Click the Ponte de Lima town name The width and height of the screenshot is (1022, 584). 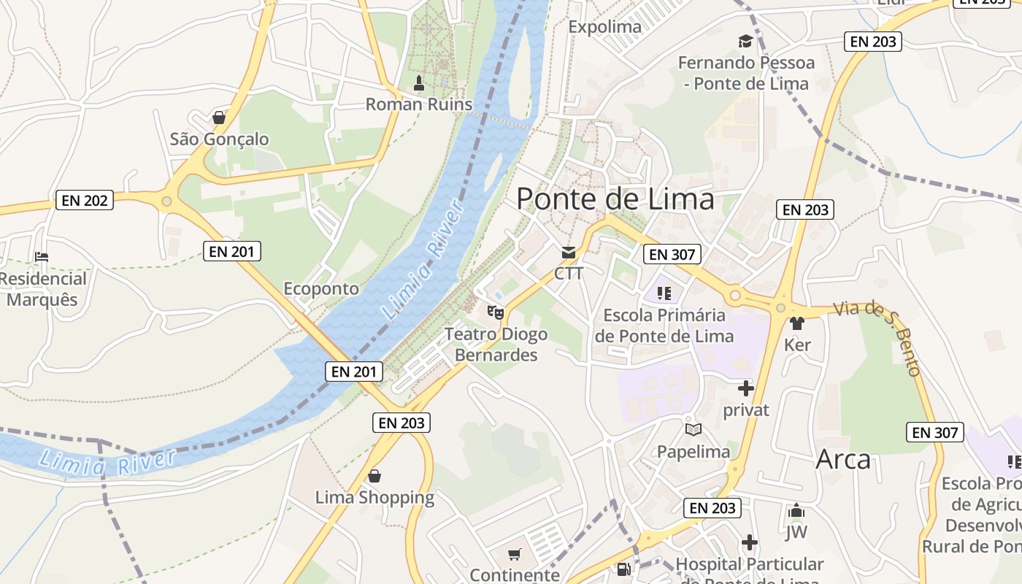click(x=615, y=199)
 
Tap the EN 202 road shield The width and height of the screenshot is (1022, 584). click(x=85, y=200)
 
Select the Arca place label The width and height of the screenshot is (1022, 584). click(x=843, y=459)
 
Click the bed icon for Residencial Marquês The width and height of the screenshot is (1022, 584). click(x=42, y=257)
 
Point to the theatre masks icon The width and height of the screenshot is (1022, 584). click(x=496, y=312)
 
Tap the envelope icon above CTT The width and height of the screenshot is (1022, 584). click(x=568, y=253)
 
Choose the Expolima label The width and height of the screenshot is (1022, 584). click(x=605, y=27)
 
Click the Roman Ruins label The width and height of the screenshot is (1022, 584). click(x=419, y=104)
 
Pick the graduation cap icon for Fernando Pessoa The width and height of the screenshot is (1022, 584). click(x=745, y=41)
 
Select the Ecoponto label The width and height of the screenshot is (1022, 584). click(x=321, y=288)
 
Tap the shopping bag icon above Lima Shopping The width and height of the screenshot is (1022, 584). click(x=374, y=476)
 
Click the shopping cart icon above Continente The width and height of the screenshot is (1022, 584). click(x=515, y=554)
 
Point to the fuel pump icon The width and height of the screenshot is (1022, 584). click(x=623, y=569)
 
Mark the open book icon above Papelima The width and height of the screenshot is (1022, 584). click(x=693, y=429)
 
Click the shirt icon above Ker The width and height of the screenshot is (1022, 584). click(x=796, y=323)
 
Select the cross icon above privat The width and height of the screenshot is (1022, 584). click(x=745, y=388)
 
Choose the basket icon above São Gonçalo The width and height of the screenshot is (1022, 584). click(x=218, y=117)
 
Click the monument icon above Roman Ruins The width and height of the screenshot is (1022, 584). click(x=419, y=83)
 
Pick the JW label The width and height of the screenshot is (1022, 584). click(x=796, y=532)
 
